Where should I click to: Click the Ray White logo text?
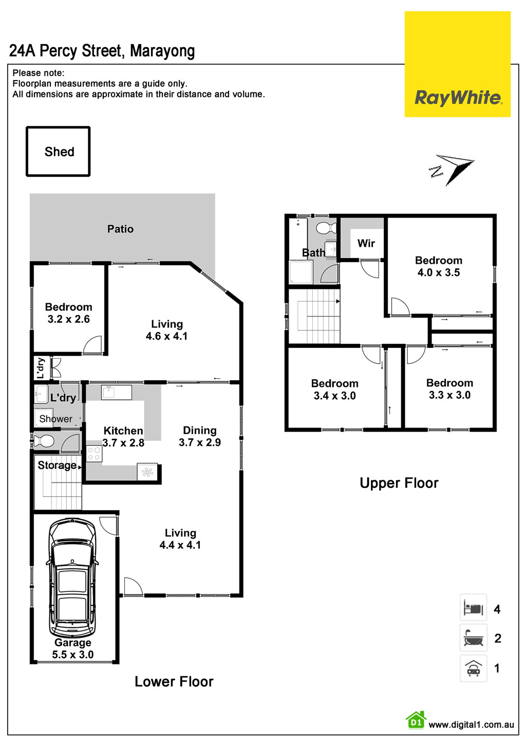click(x=458, y=97)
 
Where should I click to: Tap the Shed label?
click(x=59, y=152)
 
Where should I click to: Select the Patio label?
click(x=120, y=229)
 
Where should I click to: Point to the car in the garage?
click(x=72, y=578)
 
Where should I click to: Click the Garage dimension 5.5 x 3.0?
click(x=72, y=655)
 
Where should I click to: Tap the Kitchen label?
click(x=123, y=431)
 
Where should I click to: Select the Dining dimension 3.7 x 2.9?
click(x=200, y=442)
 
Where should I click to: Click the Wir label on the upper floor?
click(x=366, y=243)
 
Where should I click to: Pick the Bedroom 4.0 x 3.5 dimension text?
click(x=439, y=272)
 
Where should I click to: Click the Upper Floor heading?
click(x=399, y=483)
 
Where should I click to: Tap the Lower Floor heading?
click(x=174, y=681)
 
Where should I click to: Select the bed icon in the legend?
click(x=473, y=609)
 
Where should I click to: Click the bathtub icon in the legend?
click(x=473, y=638)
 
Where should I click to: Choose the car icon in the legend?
click(x=473, y=668)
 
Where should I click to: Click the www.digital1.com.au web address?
click(x=471, y=725)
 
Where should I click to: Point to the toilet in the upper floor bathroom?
click(x=326, y=227)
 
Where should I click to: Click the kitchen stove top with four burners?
click(x=94, y=454)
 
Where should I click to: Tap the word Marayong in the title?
click(x=162, y=51)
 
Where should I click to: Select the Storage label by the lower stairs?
click(x=57, y=465)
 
